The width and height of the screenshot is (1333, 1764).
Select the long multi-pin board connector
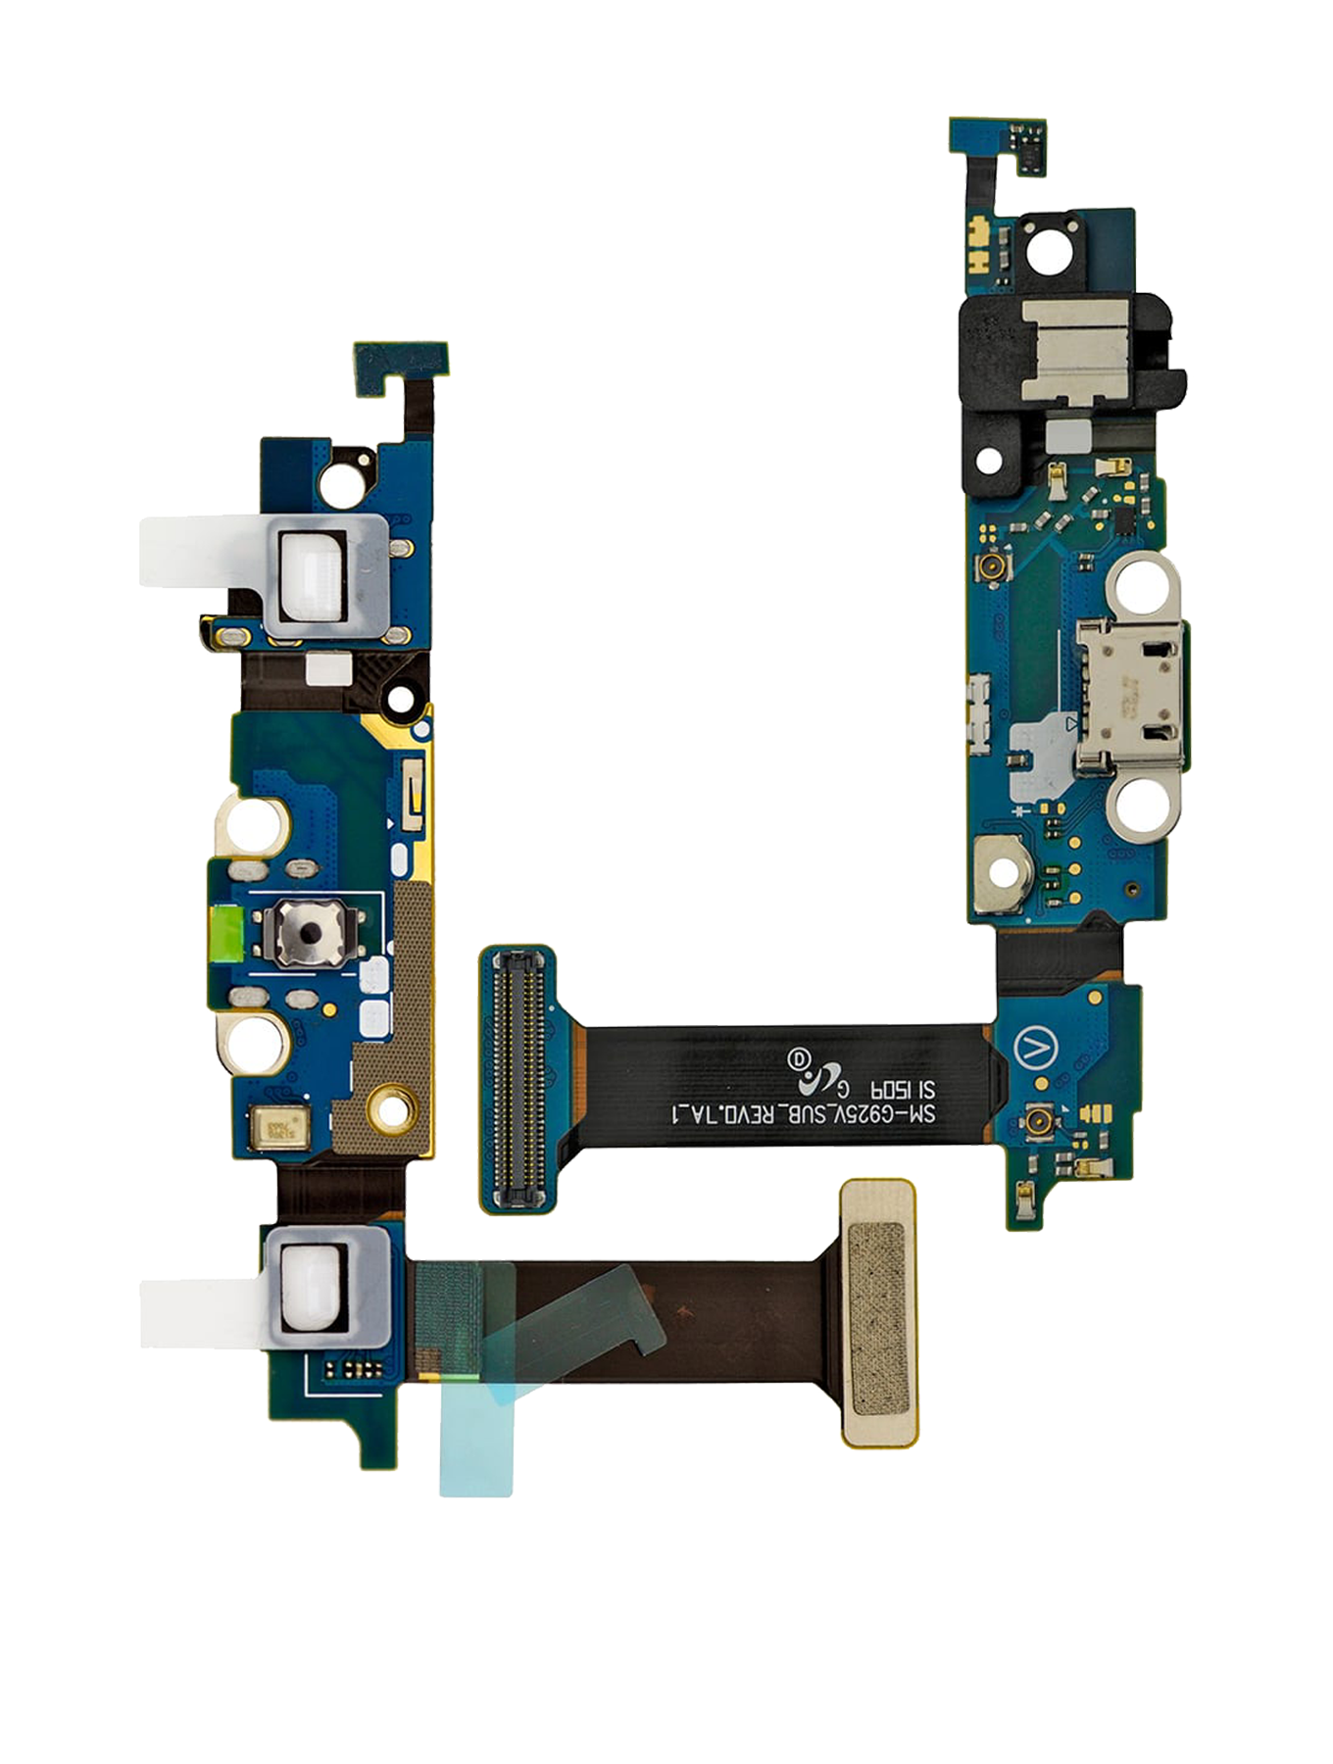(x=518, y=1079)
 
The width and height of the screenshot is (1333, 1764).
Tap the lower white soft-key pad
(x=312, y=1284)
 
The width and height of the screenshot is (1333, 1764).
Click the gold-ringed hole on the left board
(x=394, y=1110)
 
